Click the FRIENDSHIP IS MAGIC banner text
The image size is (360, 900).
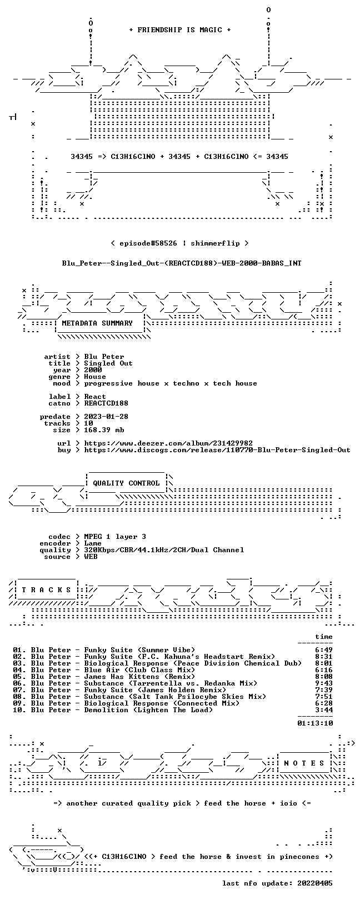click(x=180, y=30)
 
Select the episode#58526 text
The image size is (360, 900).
click(x=148, y=243)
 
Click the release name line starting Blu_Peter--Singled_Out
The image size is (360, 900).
click(x=182, y=263)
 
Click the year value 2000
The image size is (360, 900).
click(x=93, y=369)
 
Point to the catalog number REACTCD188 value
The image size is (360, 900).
click(x=106, y=403)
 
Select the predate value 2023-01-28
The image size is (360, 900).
click(x=106, y=417)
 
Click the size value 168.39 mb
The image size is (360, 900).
click(x=104, y=430)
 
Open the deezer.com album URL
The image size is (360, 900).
click(x=168, y=443)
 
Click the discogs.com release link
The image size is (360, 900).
click(x=217, y=450)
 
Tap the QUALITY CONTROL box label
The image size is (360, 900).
click(x=126, y=483)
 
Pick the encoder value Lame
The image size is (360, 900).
click(x=93, y=543)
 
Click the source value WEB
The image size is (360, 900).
click(x=91, y=557)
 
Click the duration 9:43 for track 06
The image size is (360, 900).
click(x=324, y=683)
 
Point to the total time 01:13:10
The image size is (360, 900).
click(x=315, y=723)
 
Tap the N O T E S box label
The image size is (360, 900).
click(x=304, y=763)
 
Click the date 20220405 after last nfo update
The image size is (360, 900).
click(x=315, y=883)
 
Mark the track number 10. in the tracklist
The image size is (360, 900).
click(x=19, y=710)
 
